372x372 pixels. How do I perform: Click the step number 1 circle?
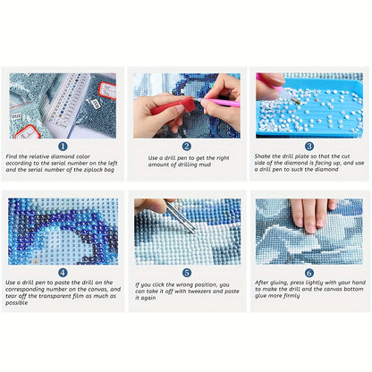click(63, 146)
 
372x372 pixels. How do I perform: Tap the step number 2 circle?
click(187, 146)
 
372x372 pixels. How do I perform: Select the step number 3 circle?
click(309, 146)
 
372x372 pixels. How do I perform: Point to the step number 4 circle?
click(63, 273)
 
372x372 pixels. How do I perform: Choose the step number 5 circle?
click(187, 273)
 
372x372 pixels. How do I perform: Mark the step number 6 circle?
click(309, 273)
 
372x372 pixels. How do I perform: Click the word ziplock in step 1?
click(92, 170)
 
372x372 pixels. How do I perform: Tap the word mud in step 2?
click(205, 165)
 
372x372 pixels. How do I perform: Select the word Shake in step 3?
click(262, 156)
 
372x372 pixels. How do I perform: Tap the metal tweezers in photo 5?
click(181, 217)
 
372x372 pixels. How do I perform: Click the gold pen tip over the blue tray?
click(296, 101)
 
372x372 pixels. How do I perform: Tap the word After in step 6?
click(261, 283)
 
